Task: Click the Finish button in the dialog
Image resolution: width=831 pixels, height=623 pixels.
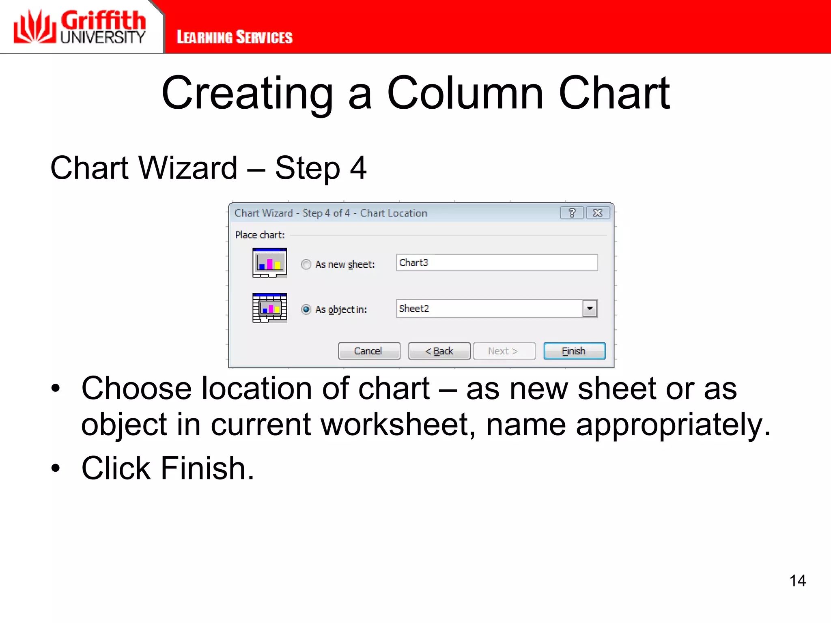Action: point(574,351)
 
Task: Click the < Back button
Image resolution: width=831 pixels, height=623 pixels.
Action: point(439,351)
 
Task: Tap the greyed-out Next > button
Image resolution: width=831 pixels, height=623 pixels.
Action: point(504,351)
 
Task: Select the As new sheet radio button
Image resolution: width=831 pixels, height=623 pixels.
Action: point(306,264)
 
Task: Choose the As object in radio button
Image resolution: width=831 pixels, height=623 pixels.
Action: point(306,309)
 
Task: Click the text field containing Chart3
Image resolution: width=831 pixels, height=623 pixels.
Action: point(497,263)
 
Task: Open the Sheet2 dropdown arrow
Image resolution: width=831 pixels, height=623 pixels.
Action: point(590,309)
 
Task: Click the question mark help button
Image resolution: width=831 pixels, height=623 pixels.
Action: point(572,213)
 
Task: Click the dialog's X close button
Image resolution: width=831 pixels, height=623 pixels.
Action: point(597,213)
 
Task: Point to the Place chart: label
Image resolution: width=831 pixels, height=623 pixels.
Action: point(260,235)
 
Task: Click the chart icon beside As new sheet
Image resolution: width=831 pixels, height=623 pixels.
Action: point(269,263)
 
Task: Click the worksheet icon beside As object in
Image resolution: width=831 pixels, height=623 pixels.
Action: point(269,308)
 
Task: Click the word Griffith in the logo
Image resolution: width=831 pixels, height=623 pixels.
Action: point(103,20)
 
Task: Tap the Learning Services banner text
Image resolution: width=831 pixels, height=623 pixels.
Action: point(235,37)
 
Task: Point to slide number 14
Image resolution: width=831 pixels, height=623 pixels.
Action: point(797,580)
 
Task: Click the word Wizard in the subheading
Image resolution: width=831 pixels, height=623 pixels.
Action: point(188,168)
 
